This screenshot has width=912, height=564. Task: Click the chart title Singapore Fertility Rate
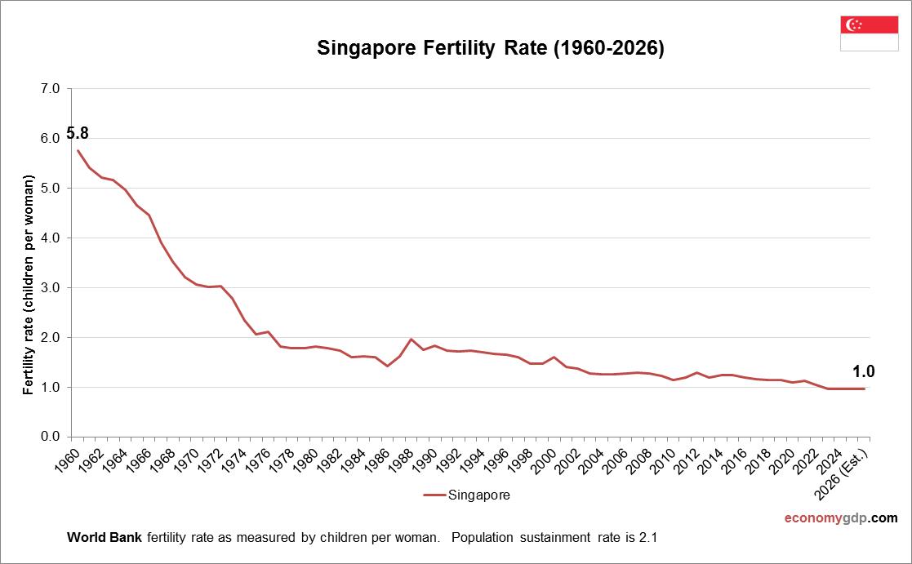[x=491, y=49]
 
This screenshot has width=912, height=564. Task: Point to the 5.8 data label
[x=78, y=133]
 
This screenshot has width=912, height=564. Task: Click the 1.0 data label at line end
[x=864, y=371]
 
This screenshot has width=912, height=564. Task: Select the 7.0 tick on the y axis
[x=51, y=89]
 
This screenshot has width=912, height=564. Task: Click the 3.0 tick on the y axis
[x=51, y=288]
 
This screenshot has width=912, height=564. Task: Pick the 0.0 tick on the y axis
[x=51, y=437]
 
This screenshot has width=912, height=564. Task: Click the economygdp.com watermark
[x=840, y=517]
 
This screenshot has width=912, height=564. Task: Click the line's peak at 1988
[x=412, y=339]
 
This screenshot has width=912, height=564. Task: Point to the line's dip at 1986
[x=387, y=366]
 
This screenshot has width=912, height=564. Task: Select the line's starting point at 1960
[x=78, y=149]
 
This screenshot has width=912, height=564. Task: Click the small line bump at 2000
[x=554, y=357]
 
